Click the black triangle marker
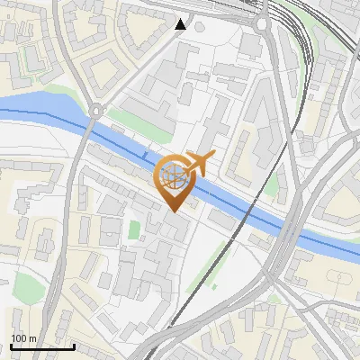[181, 23]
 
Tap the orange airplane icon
[200, 164]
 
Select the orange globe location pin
[174, 179]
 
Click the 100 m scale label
[23, 337]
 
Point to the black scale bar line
[42, 346]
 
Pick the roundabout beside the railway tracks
[262, 24]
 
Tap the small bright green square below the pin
[134, 230]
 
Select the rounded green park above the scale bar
[27, 289]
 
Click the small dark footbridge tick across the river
[145, 157]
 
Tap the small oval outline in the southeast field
[273, 298]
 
